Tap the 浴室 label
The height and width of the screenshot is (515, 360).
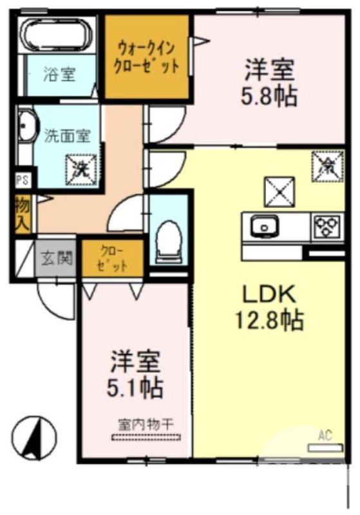[59, 75]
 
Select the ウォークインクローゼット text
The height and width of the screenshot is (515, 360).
[147, 57]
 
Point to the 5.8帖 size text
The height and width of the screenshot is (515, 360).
[269, 97]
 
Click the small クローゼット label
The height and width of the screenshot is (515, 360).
[113, 258]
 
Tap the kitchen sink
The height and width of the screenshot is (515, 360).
[263, 227]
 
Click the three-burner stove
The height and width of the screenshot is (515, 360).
[327, 226]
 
